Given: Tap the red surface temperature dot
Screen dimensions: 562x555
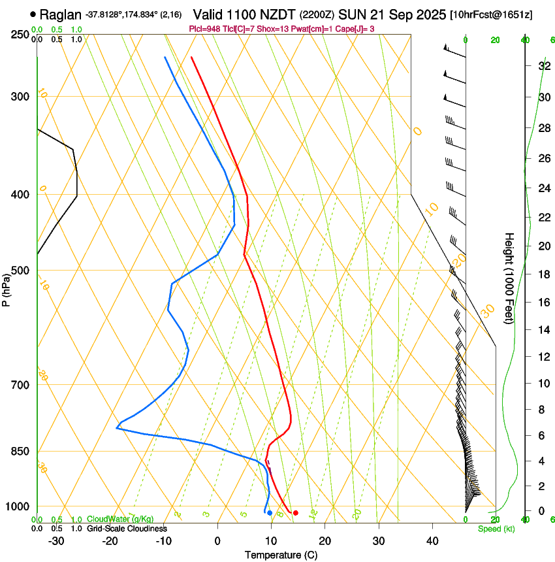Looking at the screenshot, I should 296,513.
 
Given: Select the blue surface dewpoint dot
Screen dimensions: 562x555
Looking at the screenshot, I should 270,513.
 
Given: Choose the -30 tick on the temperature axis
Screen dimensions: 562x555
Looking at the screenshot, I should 56,541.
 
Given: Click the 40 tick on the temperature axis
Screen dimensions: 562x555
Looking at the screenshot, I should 432,541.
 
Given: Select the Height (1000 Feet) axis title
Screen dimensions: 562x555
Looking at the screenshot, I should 509,278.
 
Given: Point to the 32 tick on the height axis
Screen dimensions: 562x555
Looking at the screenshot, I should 543,65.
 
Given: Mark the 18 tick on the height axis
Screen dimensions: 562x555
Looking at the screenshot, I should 543,274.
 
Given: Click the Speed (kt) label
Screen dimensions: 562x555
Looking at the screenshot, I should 496,529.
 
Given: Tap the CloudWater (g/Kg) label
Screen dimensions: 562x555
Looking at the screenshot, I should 120,520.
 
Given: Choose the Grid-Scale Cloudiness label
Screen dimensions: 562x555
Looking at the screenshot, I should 127,528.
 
